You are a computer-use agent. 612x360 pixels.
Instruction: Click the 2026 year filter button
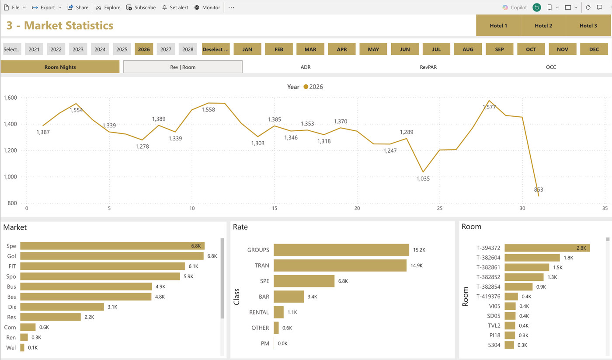click(144, 49)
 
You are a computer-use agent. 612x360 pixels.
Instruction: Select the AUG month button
click(468, 49)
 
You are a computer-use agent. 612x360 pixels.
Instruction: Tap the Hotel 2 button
click(543, 25)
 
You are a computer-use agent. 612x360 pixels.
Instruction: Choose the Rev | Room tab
click(183, 67)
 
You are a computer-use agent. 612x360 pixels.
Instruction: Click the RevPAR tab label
click(428, 67)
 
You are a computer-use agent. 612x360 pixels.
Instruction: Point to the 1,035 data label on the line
click(423, 178)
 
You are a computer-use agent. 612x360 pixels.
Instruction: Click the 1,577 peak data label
click(489, 107)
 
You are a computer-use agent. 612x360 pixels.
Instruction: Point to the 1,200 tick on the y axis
click(10, 150)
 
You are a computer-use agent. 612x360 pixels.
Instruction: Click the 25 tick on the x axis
click(440, 208)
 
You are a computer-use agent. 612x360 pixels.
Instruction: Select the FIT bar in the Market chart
click(102, 266)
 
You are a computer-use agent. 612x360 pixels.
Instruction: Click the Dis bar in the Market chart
click(62, 307)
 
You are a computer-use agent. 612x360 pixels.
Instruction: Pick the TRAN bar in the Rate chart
click(340, 266)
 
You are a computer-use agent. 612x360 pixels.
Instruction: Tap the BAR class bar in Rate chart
click(289, 297)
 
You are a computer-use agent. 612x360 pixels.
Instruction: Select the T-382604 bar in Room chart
click(532, 258)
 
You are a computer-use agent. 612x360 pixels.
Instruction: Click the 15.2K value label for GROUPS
click(419, 250)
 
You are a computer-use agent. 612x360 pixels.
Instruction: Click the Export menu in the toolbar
click(46, 7)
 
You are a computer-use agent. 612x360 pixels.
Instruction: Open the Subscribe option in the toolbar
click(141, 7)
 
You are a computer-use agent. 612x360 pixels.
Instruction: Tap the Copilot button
click(515, 7)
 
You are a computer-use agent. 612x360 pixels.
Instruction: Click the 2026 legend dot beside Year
click(306, 87)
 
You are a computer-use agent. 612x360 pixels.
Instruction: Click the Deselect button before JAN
click(216, 49)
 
